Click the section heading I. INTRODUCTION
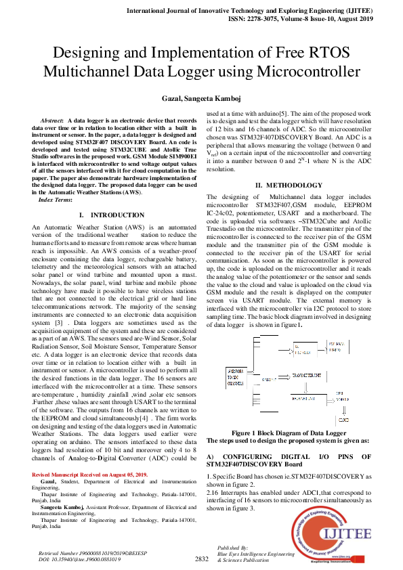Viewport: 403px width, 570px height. [x=108, y=215]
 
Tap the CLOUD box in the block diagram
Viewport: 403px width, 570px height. [x=343, y=419]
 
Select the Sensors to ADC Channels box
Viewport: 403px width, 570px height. [x=236, y=377]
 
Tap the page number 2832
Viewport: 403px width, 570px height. [x=201, y=558]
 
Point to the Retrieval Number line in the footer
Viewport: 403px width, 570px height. [x=84, y=553]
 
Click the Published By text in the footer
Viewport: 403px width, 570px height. [x=232, y=546]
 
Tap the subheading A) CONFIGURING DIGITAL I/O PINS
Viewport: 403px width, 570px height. [x=289, y=461]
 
